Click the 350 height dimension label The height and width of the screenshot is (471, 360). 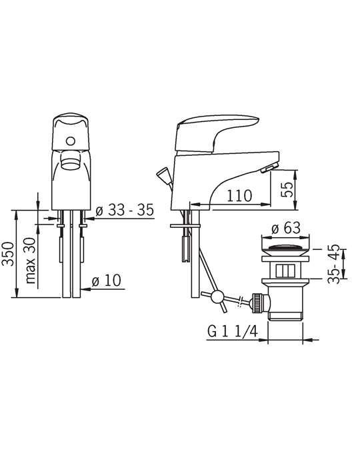[8, 254]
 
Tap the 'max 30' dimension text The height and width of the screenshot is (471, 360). [31, 260]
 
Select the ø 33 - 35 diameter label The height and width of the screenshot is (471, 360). [125, 210]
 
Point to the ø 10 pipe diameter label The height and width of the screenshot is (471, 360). [106, 280]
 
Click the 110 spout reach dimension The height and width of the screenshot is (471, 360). [239, 196]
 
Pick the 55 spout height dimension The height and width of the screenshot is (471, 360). [287, 189]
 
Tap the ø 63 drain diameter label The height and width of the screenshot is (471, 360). [286, 229]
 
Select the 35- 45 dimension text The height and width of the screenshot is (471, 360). [334, 264]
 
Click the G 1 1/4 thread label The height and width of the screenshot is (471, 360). [233, 332]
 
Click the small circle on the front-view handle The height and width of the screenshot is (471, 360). [71, 141]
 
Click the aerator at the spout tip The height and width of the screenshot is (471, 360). [269, 167]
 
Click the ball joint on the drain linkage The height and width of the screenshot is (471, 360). [217, 296]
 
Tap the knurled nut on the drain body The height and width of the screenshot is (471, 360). [257, 303]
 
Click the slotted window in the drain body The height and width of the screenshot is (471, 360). [285, 270]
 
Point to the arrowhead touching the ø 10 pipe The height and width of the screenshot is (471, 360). [85, 289]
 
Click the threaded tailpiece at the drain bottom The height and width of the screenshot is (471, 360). [285, 316]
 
